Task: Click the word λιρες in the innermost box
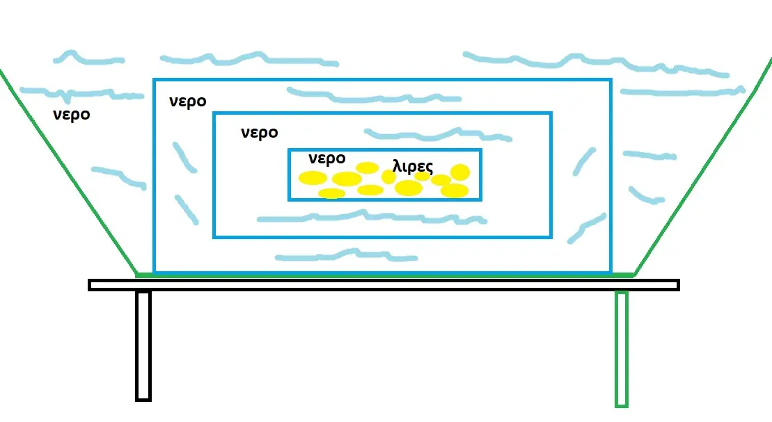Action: coord(413,166)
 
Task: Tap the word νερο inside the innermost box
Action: coord(327,159)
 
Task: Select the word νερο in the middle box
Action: coord(260,133)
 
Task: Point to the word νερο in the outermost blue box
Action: coord(187,102)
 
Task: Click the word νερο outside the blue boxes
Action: coord(72,115)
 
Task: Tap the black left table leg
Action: coord(143,346)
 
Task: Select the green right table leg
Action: coord(622,349)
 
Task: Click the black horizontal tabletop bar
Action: coord(384,285)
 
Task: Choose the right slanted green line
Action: coord(703,168)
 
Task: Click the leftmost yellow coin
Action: coord(313,177)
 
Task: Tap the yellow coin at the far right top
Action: coord(460,172)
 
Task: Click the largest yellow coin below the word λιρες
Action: coord(409,188)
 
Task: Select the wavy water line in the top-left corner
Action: coord(88,58)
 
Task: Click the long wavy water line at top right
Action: coord(596,64)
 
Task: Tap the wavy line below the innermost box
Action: coord(372,217)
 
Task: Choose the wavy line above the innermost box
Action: coord(438,133)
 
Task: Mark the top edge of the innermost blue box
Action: coord(384,149)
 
